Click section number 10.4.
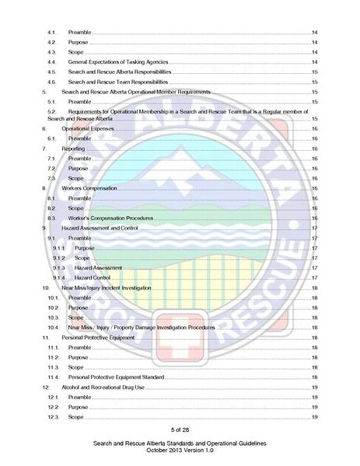coord(53,328)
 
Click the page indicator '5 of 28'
coord(180,429)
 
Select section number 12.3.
coord(53,417)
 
